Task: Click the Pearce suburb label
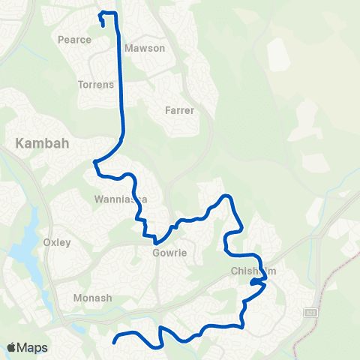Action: pyautogui.click(x=74, y=38)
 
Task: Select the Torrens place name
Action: pyautogui.click(x=95, y=85)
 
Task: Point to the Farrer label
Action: pyautogui.click(x=179, y=110)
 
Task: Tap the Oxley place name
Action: pyautogui.click(x=57, y=242)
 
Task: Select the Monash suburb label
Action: pyautogui.click(x=92, y=298)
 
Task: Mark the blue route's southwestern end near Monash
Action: pyautogui.click(x=114, y=343)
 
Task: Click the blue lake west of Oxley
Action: pyautogui.click(x=26, y=247)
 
